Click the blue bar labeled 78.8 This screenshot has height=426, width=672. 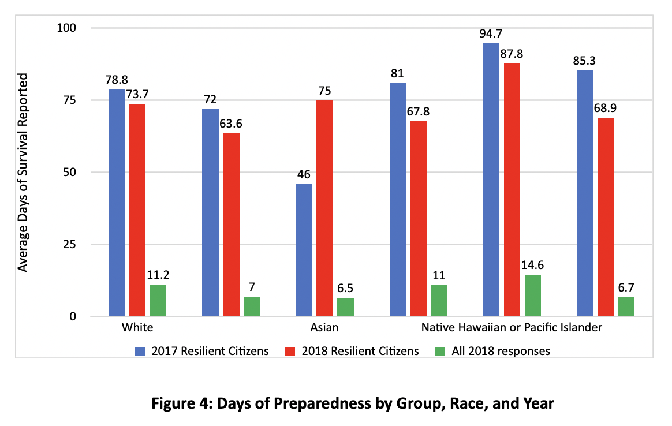(117, 203)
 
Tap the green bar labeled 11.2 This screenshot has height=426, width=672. (158, 300)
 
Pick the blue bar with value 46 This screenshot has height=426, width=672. (304, 250)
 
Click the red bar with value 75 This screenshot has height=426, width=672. (324, 208)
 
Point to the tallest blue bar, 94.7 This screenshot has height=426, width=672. (491, 180)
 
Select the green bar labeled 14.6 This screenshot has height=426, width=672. (533, 296)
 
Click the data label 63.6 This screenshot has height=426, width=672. (231, 124)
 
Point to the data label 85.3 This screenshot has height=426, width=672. (584, 61)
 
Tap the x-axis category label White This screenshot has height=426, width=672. (137, 328)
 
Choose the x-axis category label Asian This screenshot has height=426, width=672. (324, 328)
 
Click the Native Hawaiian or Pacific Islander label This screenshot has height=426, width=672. (512, 328)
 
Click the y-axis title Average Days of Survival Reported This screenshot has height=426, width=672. (23, 172)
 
